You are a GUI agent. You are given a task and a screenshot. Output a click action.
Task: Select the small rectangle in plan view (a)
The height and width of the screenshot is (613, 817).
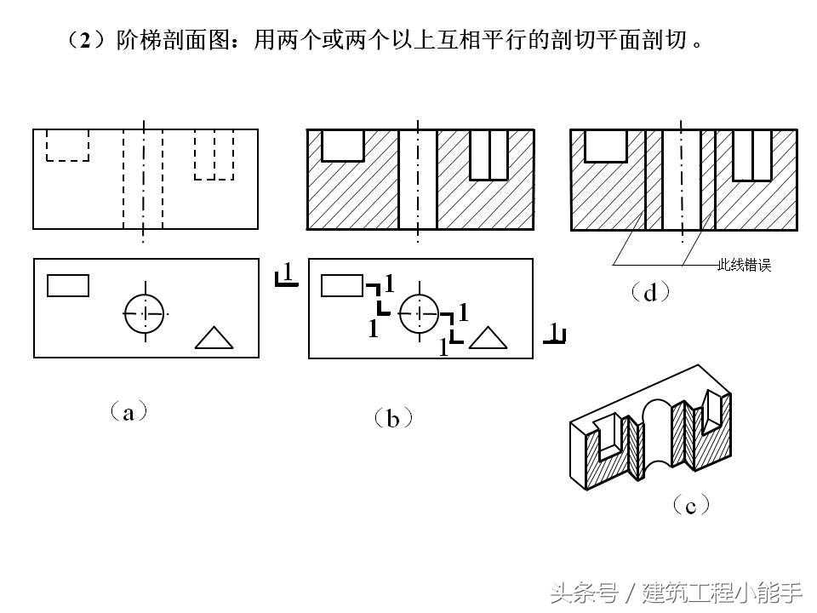pyautogui.click(x=68, y=286)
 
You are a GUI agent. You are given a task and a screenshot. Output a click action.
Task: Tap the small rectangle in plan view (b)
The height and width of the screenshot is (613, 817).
pyautogui.click(x=342, y=286)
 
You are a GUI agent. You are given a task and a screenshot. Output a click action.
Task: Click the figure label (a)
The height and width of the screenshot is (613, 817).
pyautogui.click(x=129, y=412)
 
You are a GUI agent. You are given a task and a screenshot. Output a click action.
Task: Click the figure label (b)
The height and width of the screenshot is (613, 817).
pyautogui.click(x=393, y=418)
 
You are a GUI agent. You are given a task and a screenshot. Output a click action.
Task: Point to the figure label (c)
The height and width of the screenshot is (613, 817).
pyautogui.click(x=691, y=505)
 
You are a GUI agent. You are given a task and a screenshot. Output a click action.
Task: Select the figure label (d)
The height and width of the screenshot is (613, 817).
pyautogui.click(x=650, y=292)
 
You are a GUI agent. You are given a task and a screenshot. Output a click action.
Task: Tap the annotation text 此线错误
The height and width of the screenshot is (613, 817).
pyautogui.click(x=744, y=265)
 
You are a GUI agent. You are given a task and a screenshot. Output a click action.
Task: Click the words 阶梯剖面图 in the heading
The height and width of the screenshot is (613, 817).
pyautogui.click(x=173, y=40)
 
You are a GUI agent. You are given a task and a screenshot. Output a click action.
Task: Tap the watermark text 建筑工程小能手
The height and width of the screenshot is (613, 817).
pyautogui.click(x=723, y=593)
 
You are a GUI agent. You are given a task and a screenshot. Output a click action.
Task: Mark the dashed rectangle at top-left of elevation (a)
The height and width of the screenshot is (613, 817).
pyautogui.click(x=67, y=145)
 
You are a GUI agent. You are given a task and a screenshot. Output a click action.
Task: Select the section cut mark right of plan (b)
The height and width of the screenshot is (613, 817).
pyautogui.click(x=555, y=333)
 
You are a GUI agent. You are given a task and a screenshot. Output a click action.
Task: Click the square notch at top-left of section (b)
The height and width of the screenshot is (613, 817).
pyautogui.click(x=342, y=146)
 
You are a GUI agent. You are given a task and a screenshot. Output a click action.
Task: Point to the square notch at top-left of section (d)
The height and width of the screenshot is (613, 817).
pyautogui.click(x=605, y=146)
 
